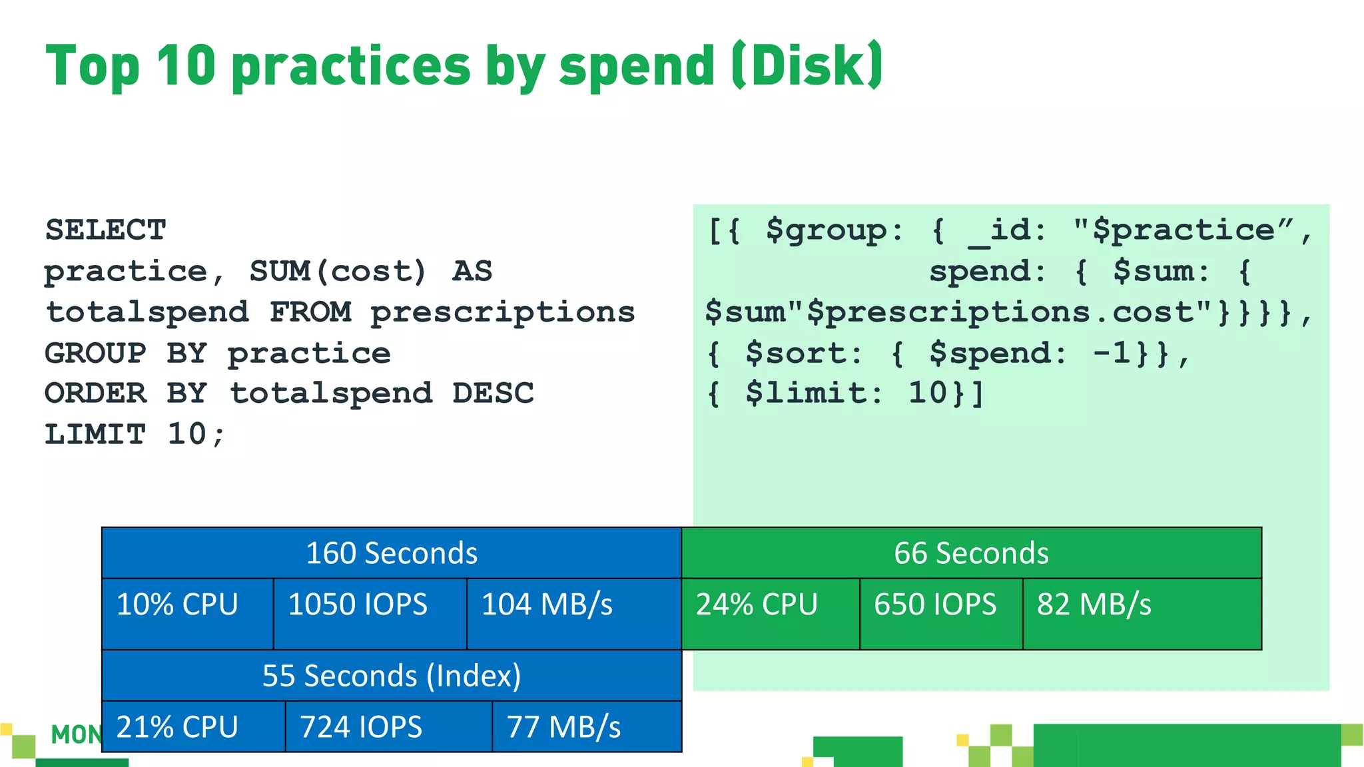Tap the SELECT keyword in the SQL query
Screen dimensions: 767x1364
[105, 230]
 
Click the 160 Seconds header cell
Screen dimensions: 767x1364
[392, 553]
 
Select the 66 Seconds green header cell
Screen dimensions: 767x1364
[971, 553]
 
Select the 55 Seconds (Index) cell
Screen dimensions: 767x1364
[392, 676]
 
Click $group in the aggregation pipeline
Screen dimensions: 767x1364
[826, 230]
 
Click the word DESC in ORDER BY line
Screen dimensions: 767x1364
[493, 393]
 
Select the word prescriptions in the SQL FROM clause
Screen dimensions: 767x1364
[503, 312]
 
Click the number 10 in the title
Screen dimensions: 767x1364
[186, 65]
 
